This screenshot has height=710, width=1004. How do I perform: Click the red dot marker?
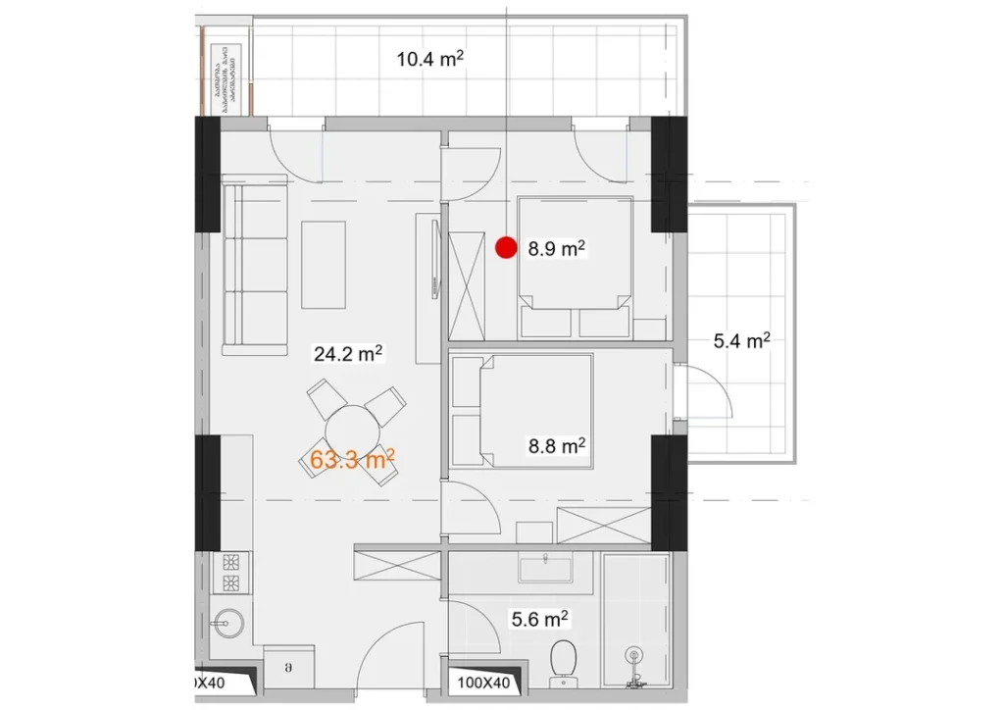click(x=506, y=248)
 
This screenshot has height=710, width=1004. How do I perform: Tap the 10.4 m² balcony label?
click(x=429, y=60)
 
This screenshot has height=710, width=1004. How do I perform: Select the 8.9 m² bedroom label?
click(x=556, y=248)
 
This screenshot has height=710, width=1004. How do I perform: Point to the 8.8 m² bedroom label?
click(x=556, y=446)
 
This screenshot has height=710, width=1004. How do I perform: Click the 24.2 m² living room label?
click(x=347, y=353)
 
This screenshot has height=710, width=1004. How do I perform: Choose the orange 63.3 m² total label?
click(x=352, y=457)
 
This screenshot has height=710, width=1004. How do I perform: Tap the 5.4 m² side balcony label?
click(x=740, y=341)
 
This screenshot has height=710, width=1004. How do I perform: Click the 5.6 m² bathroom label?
click(x=540, y=619)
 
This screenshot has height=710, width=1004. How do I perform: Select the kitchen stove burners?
click(x=233, y=573)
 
